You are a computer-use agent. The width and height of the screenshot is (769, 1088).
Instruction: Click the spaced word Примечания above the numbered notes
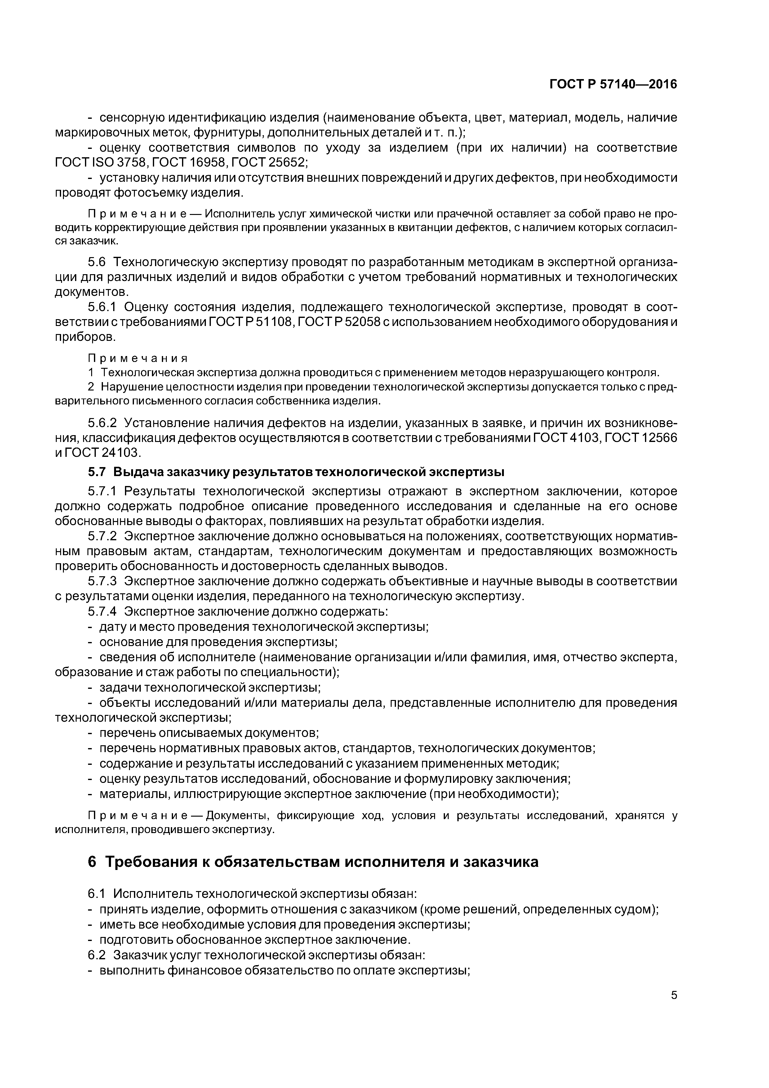pyautogui.click(x=138, y=358)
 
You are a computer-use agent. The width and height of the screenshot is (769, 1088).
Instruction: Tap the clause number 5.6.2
pyautogui.click(x=102, y=423)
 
